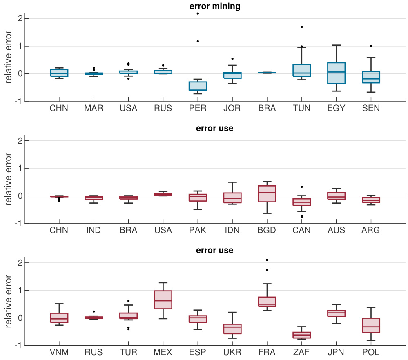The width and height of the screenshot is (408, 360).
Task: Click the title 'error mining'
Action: (214, 6)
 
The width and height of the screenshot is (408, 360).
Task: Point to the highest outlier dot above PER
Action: (198, 13)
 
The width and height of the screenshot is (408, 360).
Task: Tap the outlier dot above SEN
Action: (371, 46)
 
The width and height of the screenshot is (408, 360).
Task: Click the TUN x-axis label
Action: (302, 108)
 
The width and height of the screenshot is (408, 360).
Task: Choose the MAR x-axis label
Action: (94, 108)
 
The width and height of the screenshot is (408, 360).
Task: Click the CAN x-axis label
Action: (302, 230)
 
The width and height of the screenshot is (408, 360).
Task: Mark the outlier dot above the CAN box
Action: (302, 187)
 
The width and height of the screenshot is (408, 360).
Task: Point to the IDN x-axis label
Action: (232, 230)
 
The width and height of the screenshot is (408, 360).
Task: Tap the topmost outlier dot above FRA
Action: (267, 260)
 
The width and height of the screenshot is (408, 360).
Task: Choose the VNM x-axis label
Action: (59, 352)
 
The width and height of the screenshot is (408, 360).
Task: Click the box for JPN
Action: (337, 313)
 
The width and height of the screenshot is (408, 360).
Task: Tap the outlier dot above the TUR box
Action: (128, 301)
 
